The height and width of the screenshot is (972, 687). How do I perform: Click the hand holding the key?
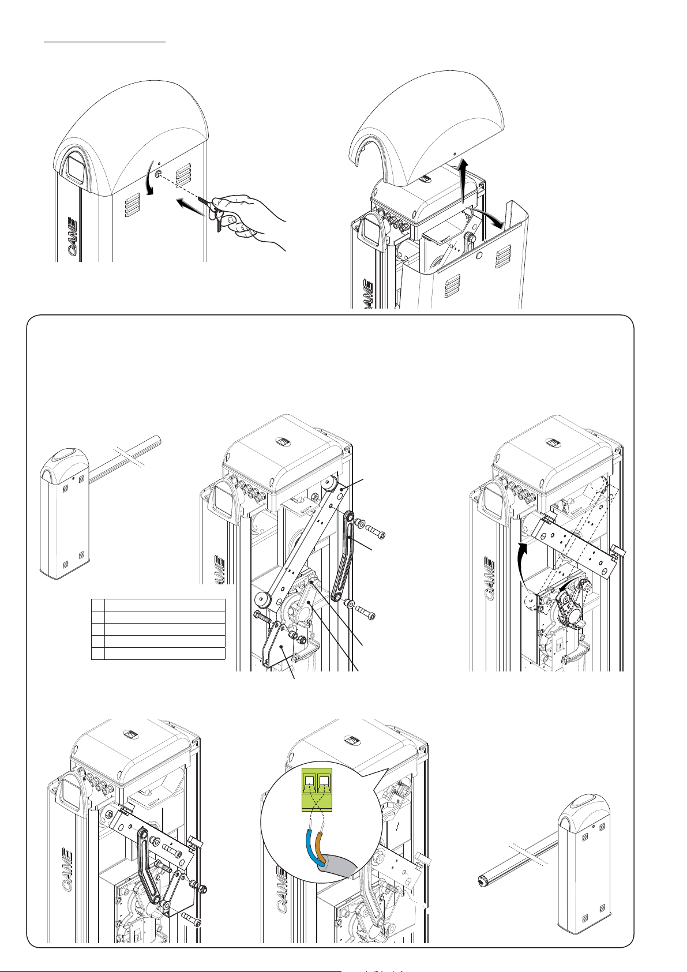tap(247, 222)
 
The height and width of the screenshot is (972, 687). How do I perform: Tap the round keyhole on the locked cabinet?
tap(157, 174)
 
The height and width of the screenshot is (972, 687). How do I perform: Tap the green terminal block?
tap(317, 790)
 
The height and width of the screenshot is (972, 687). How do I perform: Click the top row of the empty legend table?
tap(158, 605)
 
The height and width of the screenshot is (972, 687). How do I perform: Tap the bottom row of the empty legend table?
tap(158, 654)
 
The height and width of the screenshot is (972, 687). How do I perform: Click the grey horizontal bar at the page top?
tap(104, 42)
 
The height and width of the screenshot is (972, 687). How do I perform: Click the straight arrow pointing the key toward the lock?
tap(190, 206)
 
